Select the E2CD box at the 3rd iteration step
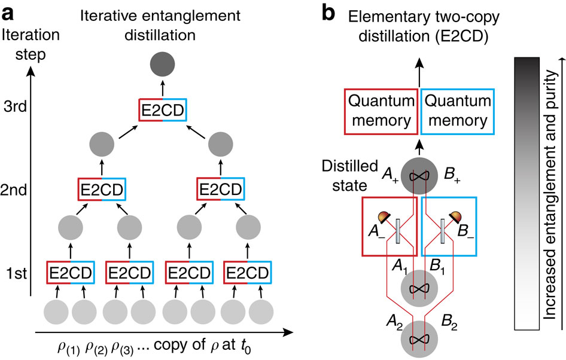tap(160, 110)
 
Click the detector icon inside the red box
tap(381, 216)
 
